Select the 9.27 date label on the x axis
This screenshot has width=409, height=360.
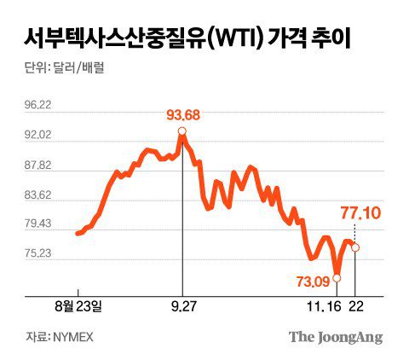coord(182,305)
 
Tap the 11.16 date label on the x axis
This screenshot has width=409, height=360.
coord(328,305)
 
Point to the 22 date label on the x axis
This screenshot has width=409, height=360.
coord(356,305)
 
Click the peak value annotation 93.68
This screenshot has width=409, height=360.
coord(181,114)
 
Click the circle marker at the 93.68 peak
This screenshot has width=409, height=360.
coord(181,131)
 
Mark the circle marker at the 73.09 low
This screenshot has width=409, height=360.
coord(337,277)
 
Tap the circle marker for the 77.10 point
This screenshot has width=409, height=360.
coord(355,247)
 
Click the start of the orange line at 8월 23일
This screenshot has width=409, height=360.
coord(78,233)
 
